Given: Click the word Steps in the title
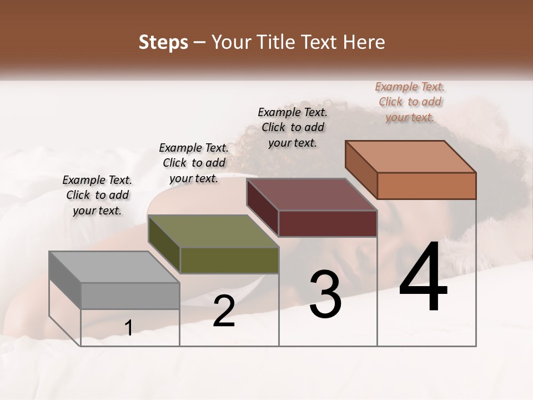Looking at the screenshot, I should [163, 43].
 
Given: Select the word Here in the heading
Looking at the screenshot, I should [364, 43].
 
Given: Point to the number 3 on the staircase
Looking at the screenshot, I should [325, 294].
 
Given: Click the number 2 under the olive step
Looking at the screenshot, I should [224, 311].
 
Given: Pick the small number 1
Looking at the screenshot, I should [128, 328].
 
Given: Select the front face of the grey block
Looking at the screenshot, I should [130, 296].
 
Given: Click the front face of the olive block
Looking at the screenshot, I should [229, 260].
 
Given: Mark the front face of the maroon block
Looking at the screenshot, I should [328, 223].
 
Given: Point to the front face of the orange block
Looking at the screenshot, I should [426, 186].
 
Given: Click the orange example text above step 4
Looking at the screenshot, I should [410, 102].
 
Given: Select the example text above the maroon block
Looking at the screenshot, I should [293, 127].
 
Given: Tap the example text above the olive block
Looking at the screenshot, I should [194, 163].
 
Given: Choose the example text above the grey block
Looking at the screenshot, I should [97, 195].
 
